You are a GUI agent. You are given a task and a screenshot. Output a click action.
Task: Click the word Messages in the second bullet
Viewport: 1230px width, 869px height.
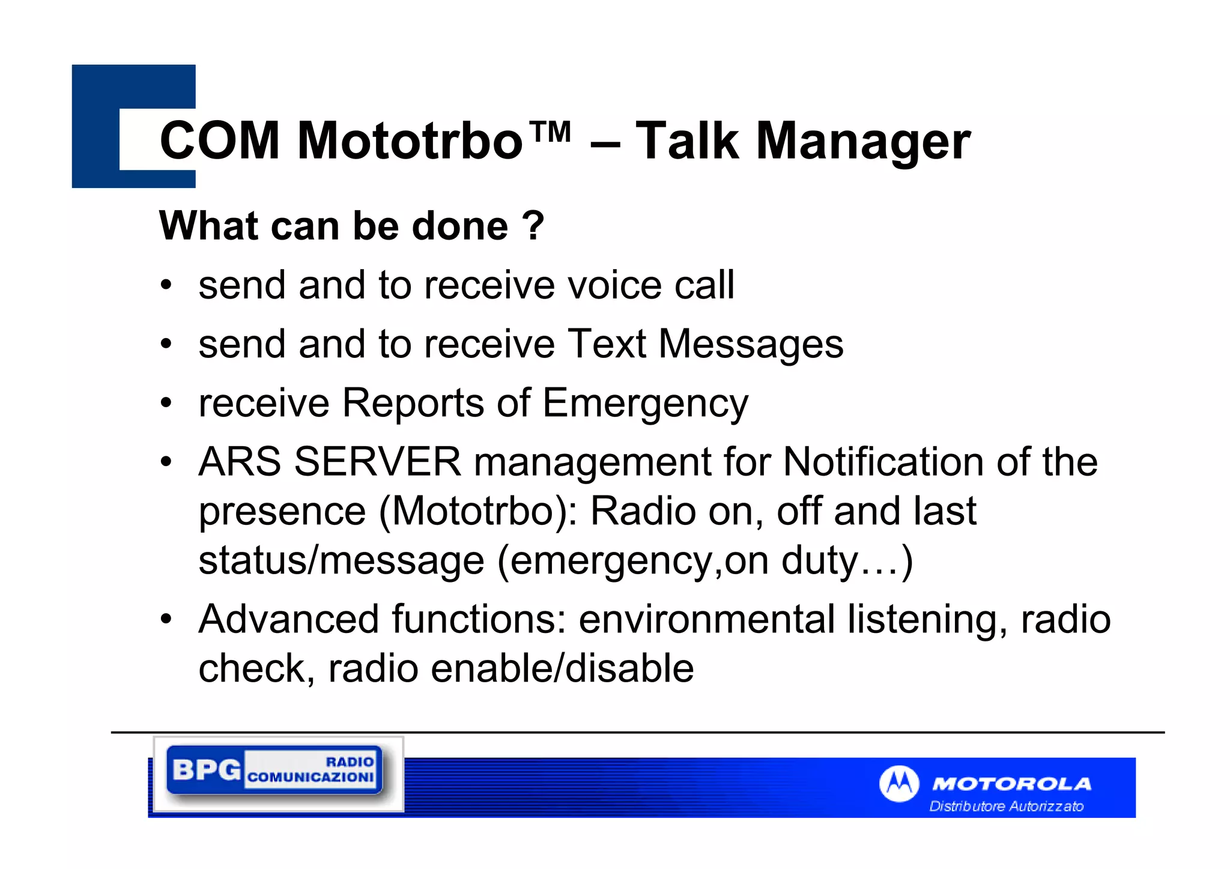click(x=750, y=345)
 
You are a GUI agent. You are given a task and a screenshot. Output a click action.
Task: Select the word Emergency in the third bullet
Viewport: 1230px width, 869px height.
click(x=645, y=404)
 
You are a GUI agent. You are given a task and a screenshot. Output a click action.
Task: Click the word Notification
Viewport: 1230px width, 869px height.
click(x=883, y=462)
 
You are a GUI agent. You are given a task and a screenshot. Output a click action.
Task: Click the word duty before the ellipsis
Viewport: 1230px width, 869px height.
click(x=819, y=560)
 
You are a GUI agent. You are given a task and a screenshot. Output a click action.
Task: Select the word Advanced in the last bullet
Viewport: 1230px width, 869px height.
click(x=288, y=619)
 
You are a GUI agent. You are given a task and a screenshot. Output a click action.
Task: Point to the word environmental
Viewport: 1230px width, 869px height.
click(x=706, y=619)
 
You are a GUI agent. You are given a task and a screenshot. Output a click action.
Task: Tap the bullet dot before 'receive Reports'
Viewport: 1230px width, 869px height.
click(x=166, y=402)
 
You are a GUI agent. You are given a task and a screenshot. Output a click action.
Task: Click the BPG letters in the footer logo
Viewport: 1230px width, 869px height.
click(x=206, y=769)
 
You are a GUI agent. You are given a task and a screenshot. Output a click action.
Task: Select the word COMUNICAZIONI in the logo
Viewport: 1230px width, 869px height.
click(x=311, y=778)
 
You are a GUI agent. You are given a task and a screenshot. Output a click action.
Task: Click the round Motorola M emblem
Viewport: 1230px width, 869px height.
click(x=898, y=783)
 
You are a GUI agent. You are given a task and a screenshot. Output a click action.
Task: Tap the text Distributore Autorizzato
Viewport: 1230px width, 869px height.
click(x=1006, y=806)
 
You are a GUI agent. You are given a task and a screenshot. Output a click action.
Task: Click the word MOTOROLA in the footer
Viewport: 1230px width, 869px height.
click(x=1011, y=784)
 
